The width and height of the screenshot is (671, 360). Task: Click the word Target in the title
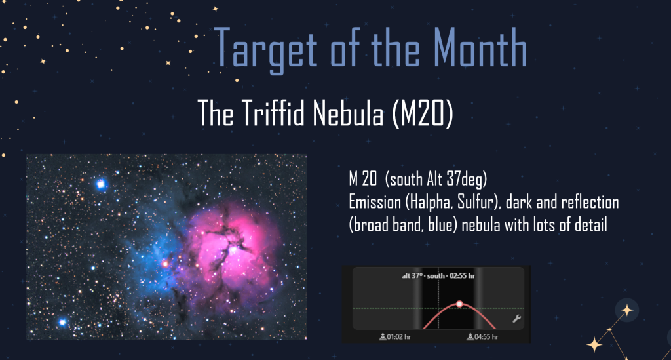click(x=265, y=49)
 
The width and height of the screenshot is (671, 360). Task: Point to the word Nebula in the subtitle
click(x=348, y=113)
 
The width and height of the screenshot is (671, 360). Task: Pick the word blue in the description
click(x=442, y=225)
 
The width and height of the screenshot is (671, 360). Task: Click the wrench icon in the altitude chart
click(x=516, y=319)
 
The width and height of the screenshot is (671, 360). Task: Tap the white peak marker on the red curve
click(x=459, y=304)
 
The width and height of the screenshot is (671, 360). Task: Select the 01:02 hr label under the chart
click(x=394, y=337)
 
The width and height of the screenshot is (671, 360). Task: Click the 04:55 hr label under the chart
click(x=482, y=337)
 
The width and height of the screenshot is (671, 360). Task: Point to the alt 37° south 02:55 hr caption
click(x=438, y=275)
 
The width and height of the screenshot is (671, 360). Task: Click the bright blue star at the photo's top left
click(x=100, y=184)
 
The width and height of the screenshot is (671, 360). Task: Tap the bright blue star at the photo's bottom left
click(x=62, y=322)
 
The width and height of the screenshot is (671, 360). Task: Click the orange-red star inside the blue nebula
click(x=164, y=264)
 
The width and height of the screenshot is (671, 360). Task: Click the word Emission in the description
click(x=375, y=202)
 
